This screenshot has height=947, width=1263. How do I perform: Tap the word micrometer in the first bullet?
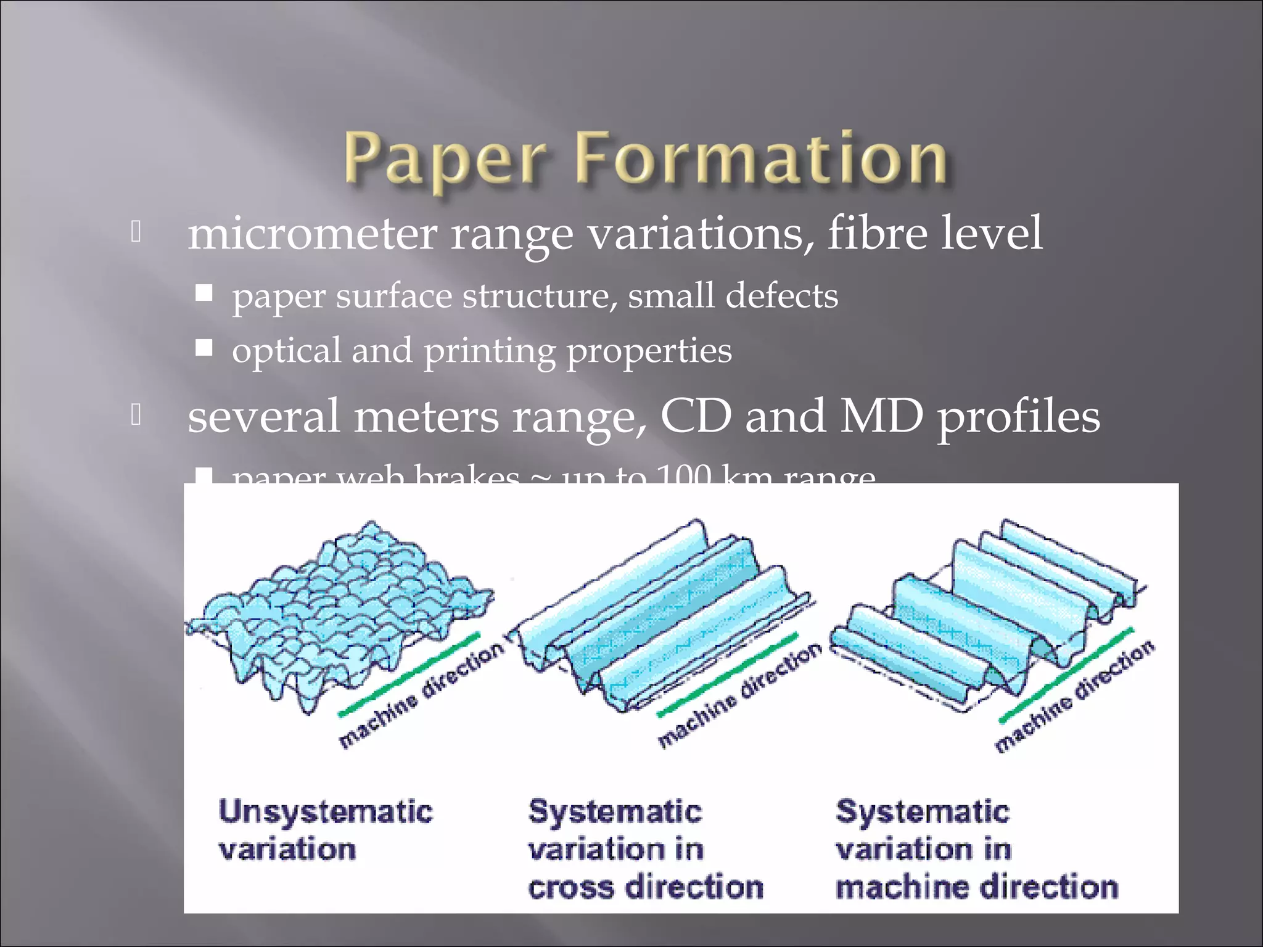click(x=312, y=234)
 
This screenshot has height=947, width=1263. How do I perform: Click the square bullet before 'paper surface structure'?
click(x=204, y=292)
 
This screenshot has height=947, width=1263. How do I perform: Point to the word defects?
click(x=781, y=296)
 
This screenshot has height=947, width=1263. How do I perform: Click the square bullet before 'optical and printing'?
click(x=204, y=348)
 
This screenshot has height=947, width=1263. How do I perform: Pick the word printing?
click(x=490, y=351)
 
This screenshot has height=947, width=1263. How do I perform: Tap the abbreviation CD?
click(x=696, y=416)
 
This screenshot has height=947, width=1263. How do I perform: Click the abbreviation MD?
click(x=882, y=416)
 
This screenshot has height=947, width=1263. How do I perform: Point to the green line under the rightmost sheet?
click(x=1066, y=675)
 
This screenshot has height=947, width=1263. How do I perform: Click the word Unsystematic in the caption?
click(x=326, y=811)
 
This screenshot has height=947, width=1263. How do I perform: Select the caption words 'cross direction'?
click(x=646, y=888)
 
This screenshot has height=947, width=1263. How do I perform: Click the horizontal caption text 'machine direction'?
click(x=977, y=888)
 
